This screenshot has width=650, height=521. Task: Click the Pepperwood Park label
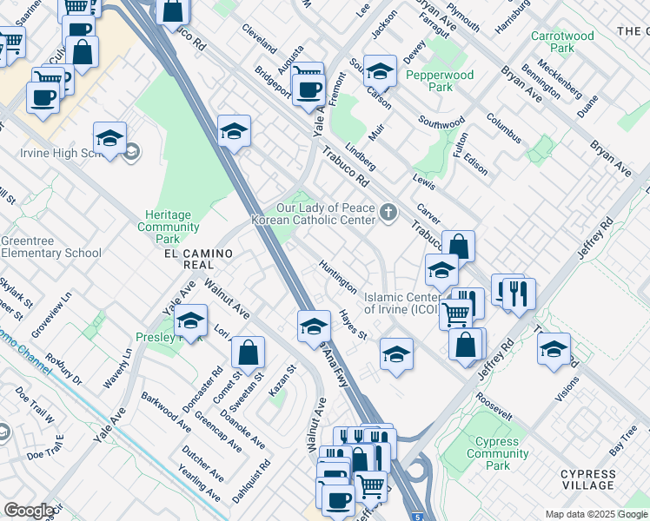click(x=441, y=81)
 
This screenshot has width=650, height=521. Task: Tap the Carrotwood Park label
click(x=562, y=42)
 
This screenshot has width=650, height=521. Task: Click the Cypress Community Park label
click(x=497, y=453)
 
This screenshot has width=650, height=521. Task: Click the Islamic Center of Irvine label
click(x=401, y=302)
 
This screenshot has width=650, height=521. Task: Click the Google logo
click(x=29, y=510)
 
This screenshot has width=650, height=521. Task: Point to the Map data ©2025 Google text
click(x=595, y=513)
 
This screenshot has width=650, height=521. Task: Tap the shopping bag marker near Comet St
click(x=249, y=353)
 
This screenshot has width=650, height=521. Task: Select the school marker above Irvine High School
click(x=110, y=139)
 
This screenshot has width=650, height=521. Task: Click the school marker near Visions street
click(x=553, y=350)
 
